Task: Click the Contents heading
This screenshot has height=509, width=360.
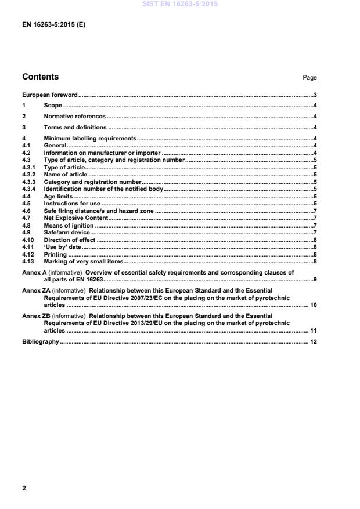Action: (x=40, y=77)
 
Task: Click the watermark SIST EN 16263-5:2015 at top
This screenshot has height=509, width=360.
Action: (x=179, y=4)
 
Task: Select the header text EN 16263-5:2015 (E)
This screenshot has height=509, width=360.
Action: (x=53, y=26)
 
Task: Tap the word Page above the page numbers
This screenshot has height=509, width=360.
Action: (x=309, y=78)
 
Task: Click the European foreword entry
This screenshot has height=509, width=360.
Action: (x=49, y=95)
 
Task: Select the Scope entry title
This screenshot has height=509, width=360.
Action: (x=53, y=106)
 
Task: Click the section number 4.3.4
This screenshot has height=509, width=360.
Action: (x=29, y=189)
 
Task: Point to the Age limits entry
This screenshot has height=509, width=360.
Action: (x=58, y=197)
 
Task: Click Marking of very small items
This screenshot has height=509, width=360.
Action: (x=84, y=262)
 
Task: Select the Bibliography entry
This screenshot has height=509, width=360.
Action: (x=40, y=341)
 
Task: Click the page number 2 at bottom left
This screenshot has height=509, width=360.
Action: (x=24, y=488)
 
